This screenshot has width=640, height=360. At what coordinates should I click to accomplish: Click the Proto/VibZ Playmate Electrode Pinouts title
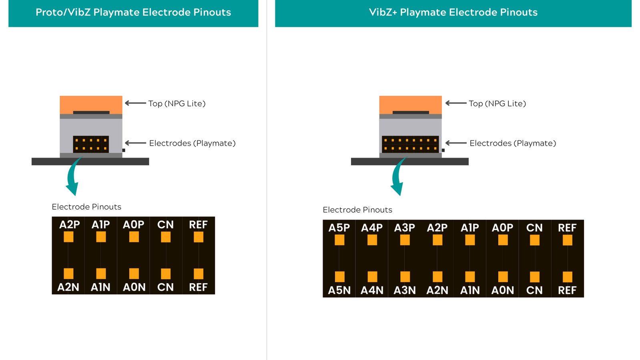[133, 12]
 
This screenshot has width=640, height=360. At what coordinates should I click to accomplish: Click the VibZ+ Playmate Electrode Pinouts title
[453, 12]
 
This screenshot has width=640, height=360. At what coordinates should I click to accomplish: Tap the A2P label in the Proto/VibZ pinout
[70, 225]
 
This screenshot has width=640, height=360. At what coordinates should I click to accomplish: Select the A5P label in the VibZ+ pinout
[339, 228]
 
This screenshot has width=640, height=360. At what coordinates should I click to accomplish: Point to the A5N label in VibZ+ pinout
[339, 290]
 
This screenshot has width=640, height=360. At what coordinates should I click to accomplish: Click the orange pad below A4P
[372, 240]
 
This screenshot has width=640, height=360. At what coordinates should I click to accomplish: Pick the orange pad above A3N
[405, 276]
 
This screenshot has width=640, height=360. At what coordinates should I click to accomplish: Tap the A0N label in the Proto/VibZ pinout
[134, 287]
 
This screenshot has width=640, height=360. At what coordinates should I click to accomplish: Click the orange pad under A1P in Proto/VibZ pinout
[101, 237]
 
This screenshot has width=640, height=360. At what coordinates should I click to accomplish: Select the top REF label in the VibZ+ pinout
[567, 228]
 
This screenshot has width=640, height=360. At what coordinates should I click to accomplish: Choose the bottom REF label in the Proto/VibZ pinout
[198, 287]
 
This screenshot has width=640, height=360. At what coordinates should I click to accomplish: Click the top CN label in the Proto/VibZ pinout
[165, 225]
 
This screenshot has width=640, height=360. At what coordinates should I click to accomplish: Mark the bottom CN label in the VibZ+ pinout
[534, 290]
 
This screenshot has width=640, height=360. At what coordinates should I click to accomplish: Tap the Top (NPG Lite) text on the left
[177, 104]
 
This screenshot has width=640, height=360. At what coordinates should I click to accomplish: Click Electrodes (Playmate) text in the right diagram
[513, 143]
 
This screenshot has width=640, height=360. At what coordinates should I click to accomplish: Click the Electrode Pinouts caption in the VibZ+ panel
[357, 210]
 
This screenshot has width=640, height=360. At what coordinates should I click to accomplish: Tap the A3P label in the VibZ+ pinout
[405, 228]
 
